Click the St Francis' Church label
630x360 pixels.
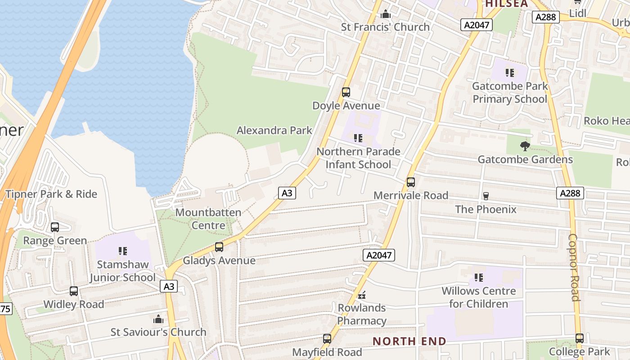pos(385,27)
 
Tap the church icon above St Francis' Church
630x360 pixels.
pos(386,14)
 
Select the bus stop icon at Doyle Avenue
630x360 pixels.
pos(346,92)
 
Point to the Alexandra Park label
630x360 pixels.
pos(274,130)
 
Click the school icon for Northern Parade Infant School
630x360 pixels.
pos(358,138)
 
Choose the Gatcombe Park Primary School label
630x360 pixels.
pos(510,92)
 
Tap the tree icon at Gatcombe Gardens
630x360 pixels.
pos(525,146)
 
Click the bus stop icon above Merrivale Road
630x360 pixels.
pos(411,182)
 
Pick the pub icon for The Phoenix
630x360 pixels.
pos(486,196)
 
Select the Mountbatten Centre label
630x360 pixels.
pos(208,219)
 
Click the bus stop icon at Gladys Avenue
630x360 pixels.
pos(219,247)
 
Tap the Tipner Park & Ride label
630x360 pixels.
pos(51,194)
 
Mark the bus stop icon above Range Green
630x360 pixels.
pos(55,227)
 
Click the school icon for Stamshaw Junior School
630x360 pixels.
pos(122,251)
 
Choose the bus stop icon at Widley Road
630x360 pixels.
pos(74,291)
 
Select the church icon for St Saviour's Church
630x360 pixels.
pos(158,319)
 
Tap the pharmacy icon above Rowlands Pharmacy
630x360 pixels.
pos(362,295)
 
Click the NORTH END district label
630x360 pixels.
pos(409,341)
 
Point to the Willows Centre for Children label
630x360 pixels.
pos(479,297)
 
